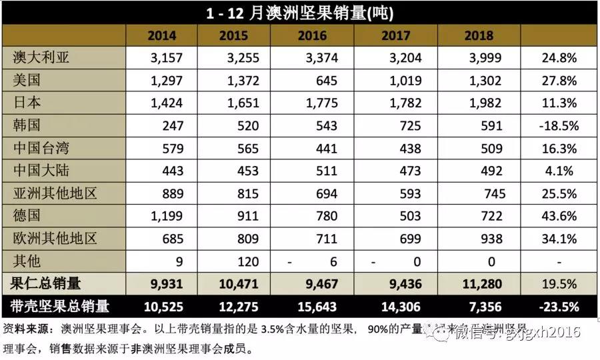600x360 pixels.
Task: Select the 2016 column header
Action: (313, 35)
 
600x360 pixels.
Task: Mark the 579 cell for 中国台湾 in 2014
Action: (171, 148)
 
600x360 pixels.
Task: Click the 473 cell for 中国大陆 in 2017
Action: (409, 171)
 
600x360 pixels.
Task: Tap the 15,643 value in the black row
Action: (317, 307)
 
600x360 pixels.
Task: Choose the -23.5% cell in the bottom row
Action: (559, 307)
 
